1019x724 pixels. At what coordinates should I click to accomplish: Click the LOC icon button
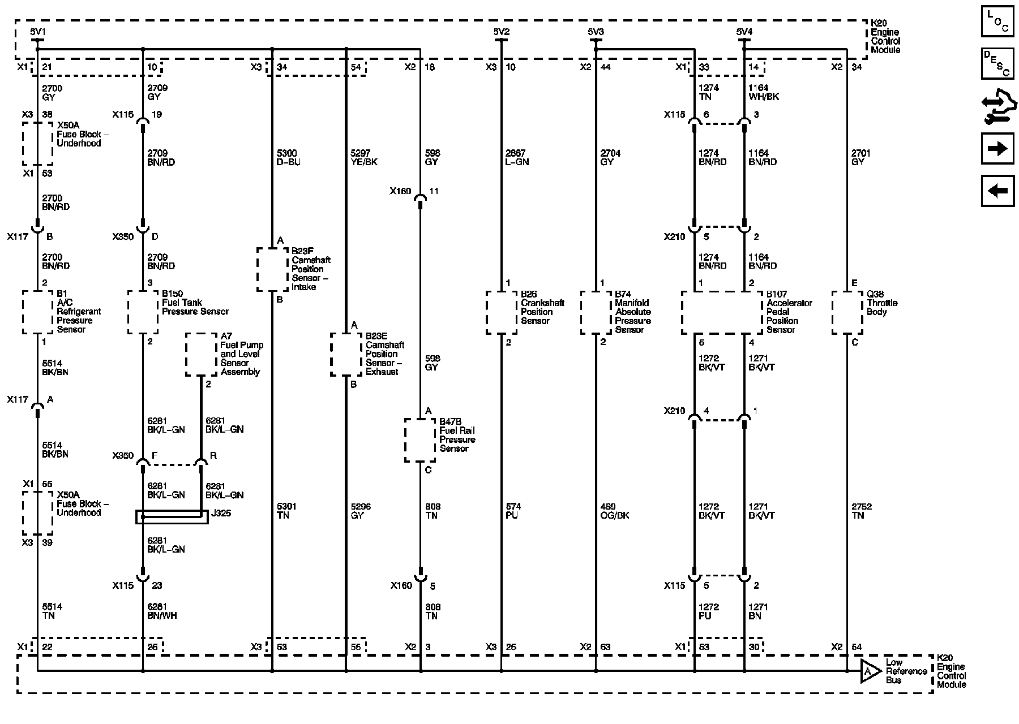point(997,22)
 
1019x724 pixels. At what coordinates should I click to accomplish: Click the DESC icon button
point(997,63)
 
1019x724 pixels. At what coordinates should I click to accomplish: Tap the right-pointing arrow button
point(997,149)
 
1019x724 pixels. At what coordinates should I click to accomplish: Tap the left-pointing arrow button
point(997,191)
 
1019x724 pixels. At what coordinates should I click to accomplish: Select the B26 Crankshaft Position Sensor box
point(501,313)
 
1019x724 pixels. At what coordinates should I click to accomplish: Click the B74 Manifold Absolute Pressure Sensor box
point(596,313)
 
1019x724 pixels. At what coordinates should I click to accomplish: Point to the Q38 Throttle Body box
point(847,313)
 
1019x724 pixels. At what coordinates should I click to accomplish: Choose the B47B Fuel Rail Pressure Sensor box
point(420,440)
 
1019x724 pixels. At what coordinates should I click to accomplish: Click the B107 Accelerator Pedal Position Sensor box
point(722,313)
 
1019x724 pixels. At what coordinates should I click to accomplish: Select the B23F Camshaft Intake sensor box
point(272,269)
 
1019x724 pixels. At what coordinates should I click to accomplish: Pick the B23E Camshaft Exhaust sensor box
point(346,355)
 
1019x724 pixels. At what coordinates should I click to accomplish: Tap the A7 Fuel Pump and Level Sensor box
point(201,355)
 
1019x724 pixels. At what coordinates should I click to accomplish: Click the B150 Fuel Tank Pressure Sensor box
point(143,313)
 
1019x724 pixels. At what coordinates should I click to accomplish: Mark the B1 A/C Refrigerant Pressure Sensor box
point(37,313)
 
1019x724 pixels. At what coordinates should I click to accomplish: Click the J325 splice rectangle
point(172,516)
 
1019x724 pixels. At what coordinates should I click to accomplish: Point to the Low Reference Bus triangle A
point(869,671)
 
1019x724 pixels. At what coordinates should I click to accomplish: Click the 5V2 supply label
point(501,32)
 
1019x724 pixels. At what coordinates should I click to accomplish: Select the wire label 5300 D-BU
point(288,158)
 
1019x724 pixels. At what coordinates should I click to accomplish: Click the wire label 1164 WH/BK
point(763,92)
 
